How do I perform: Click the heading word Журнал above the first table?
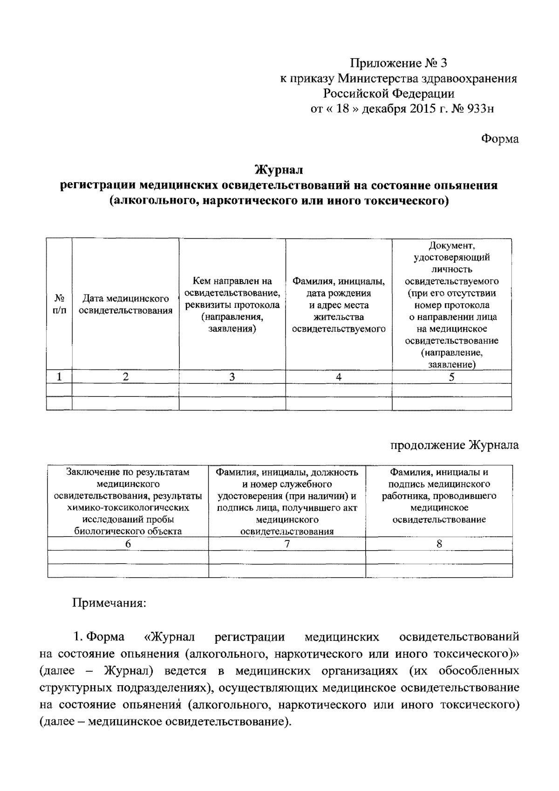pos(279,169)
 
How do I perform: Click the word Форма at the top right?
pos(499,139)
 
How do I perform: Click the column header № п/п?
pos(59,304)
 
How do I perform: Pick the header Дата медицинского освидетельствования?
pos(126,304)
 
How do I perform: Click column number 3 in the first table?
pos(232,377)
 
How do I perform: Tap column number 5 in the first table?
pos(451,377)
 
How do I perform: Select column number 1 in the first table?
pos(59,377)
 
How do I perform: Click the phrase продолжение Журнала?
pos(454,445)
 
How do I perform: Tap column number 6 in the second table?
pos(128,544)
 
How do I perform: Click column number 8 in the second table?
pos(439,544)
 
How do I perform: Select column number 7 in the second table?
pos(287,544)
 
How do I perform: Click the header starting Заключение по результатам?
pos(128,501)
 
